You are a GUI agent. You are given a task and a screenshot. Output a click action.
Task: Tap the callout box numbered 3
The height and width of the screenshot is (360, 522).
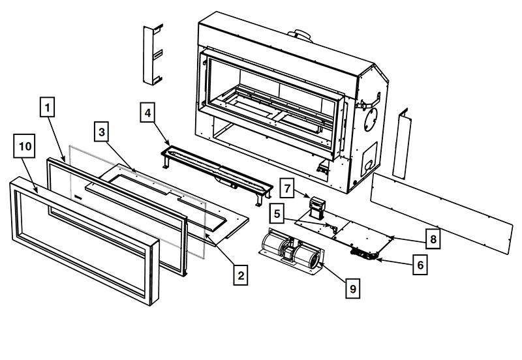[101, 131]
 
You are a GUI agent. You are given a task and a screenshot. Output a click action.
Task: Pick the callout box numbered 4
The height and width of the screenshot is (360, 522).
[148, 113]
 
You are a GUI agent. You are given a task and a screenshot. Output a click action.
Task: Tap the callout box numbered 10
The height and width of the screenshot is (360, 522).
[25, 148]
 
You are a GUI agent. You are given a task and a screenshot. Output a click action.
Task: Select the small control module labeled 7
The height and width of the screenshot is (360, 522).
[318, 208]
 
